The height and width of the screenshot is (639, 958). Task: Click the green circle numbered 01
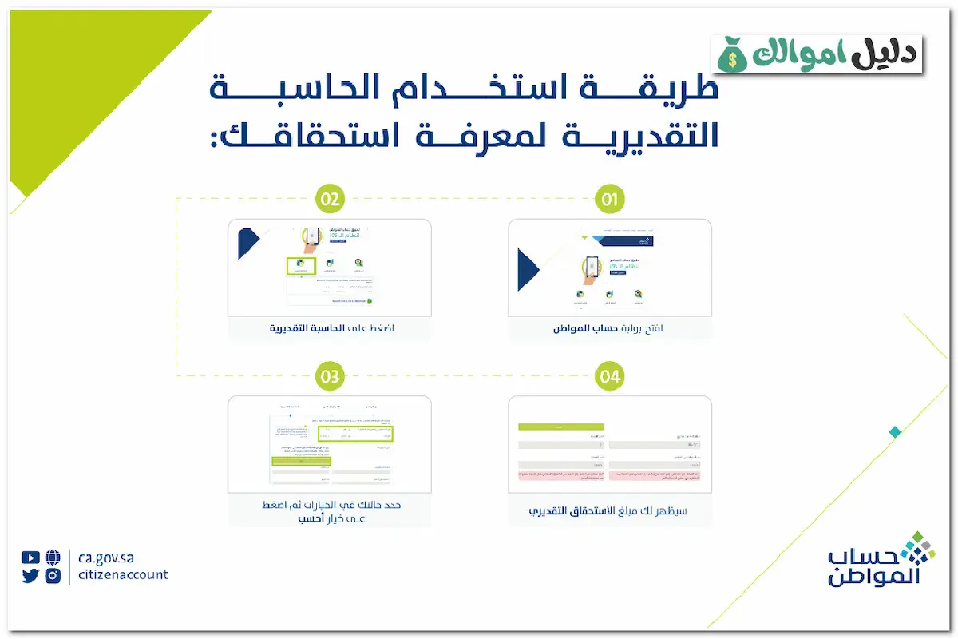pos(610,200)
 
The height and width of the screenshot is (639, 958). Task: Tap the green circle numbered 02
pos(329,200)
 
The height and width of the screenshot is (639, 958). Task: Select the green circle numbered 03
pos(329,375)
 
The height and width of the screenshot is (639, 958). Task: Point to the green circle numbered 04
pos(610,376)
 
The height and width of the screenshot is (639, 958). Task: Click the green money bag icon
pos(731,54)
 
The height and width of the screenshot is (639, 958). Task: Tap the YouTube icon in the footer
pos(30,558)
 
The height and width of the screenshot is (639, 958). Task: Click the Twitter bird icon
pos(30,575)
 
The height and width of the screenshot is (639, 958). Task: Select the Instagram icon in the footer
pos(53,575)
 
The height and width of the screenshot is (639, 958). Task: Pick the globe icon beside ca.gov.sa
pos(53,558)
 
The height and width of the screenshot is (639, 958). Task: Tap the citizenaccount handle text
pos(124,575)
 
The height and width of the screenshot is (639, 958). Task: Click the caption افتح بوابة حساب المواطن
pos(610,328)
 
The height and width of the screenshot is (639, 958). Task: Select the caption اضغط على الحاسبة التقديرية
pos(329,328)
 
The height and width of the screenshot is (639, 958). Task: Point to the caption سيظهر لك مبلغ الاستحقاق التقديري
pos(610,510)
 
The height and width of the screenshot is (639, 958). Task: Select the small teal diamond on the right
pos(895,432)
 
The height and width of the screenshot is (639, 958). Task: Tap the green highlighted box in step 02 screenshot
pos(302,266)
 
